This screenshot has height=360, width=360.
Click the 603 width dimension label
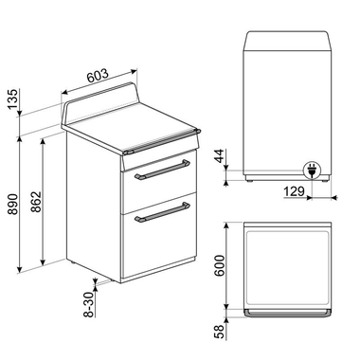98,75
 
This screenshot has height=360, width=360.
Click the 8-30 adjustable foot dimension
88,302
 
